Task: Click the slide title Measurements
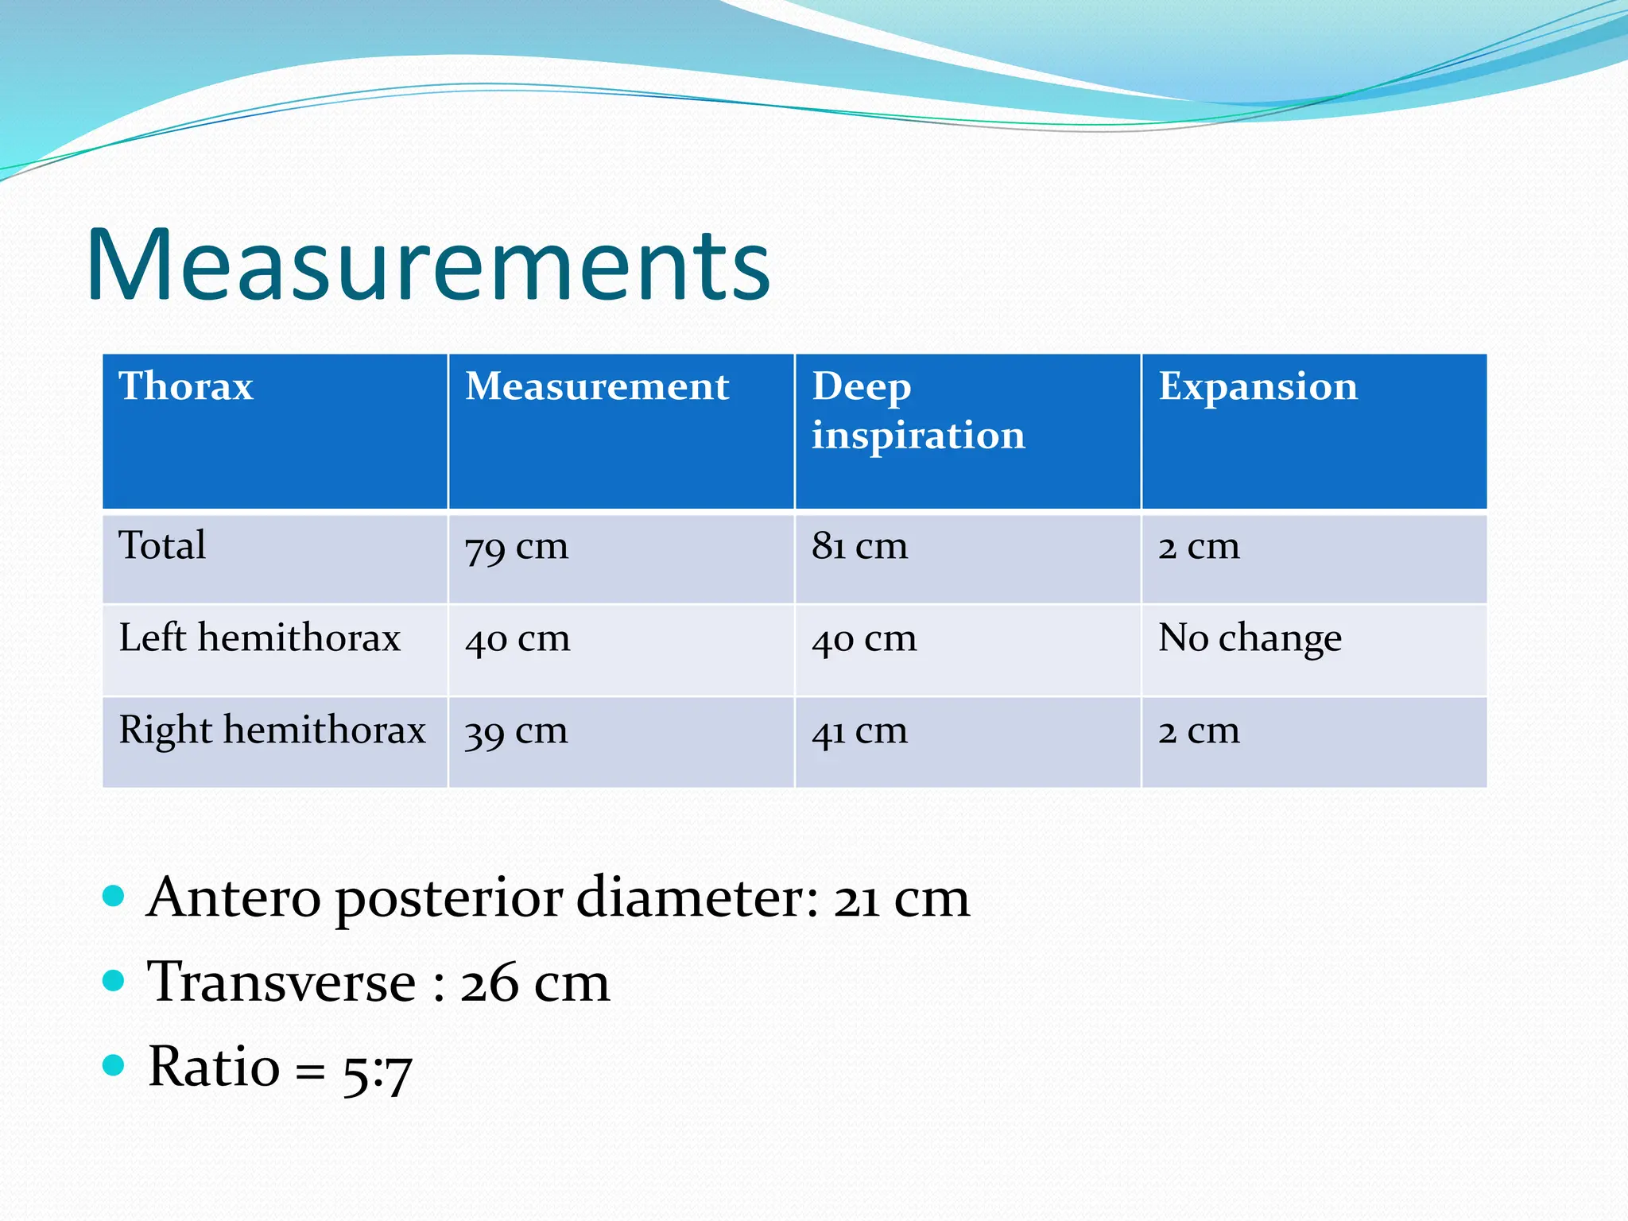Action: (428, 265)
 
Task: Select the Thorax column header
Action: (186, 386)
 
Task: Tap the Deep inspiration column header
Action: (918, 410)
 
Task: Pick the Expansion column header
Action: (1258, 386)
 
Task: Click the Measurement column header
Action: (597, 386)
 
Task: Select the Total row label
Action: (162, 546)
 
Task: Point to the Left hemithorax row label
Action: (259, 638)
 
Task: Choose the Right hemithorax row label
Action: (272, 731)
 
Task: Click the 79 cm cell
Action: (517, 548)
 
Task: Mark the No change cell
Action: (1250, 638)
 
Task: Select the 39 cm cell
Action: (517, 731)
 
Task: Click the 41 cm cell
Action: (859, 731)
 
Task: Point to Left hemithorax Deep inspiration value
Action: (864, 639)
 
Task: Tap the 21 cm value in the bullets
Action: (901, 899)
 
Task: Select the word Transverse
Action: (281, 983)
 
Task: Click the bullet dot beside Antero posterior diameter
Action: (114, 897)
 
